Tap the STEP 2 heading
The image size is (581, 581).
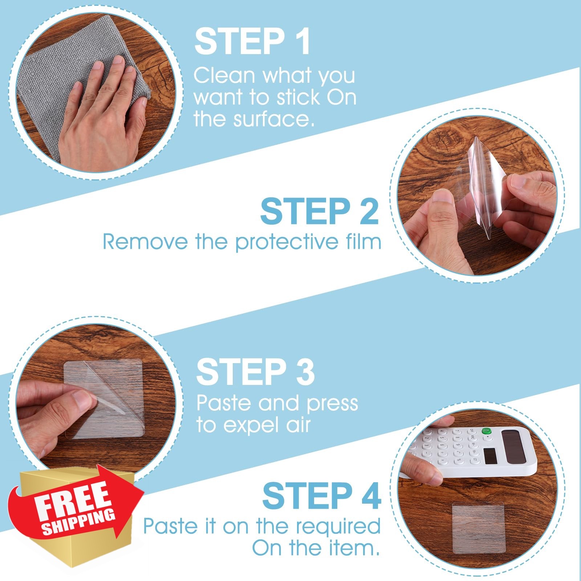320,211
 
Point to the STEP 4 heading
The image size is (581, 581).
322,496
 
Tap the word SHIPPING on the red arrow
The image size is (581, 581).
78,522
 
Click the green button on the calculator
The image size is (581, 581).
486,431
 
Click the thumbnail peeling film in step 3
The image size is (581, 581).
84,402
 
